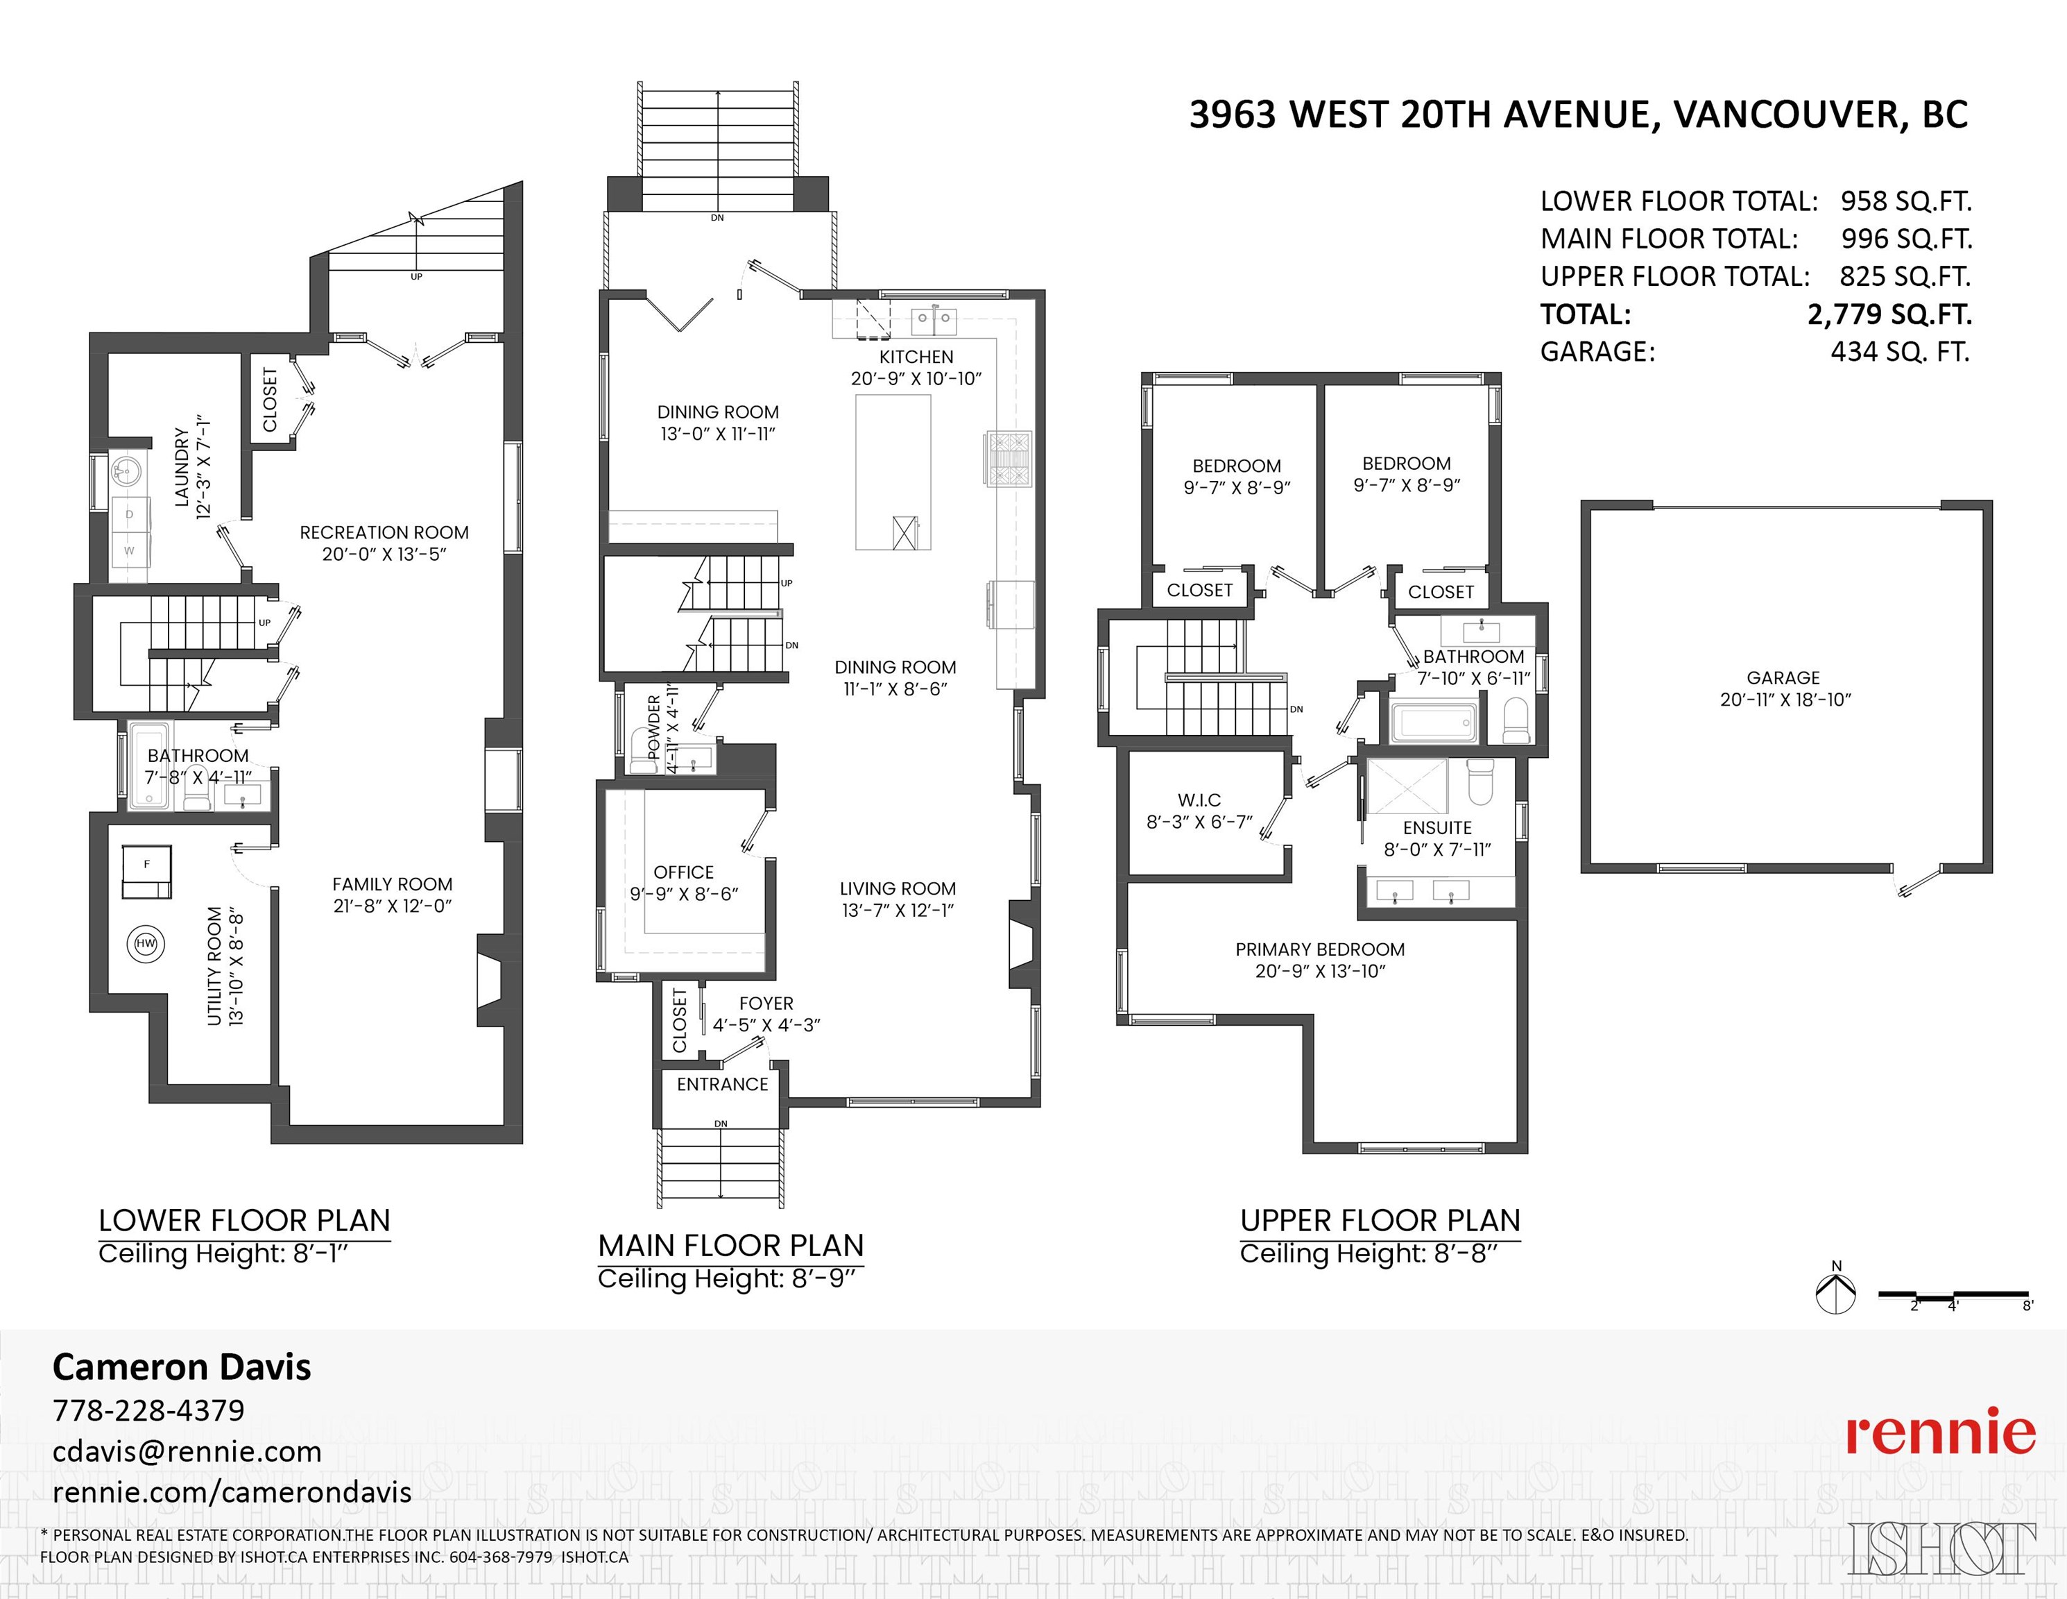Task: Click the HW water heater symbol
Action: click(x=146, y=944)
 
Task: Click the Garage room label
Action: click(x=1784, y=678)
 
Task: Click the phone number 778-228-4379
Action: click(x=148, y=1410)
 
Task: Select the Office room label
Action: click(x=683, y=872)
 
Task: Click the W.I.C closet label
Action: click(x=1199, y=800)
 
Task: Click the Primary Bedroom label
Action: click(x=1319, y=949)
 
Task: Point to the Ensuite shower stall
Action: click(x=1407, y=786)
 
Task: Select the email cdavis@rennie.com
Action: click(x=187, y=1451)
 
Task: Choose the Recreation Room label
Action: click(x=384, y=532)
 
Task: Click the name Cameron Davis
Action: click(x=182, y=1367)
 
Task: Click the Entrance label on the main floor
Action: click(x=722, y=1084)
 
